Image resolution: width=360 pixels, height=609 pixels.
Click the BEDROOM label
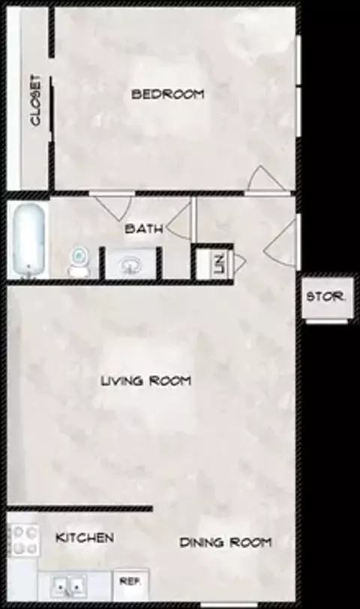[167, 94]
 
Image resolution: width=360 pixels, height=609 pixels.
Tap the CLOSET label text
[35, 100]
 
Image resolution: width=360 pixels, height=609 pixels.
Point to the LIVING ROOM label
[146, 381]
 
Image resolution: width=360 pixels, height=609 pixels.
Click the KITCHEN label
[85, 538]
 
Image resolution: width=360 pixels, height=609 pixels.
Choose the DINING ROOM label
[225, 542]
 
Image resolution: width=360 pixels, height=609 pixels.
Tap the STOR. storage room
[325, 298]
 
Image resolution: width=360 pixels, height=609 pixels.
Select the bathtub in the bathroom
[28, 241]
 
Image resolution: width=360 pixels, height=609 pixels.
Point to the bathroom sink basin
[130, 265]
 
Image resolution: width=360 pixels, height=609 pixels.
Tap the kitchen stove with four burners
[24, 540]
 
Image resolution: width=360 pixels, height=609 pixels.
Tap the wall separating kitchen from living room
[80, 508]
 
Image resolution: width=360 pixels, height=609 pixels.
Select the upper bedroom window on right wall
[298, 60]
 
